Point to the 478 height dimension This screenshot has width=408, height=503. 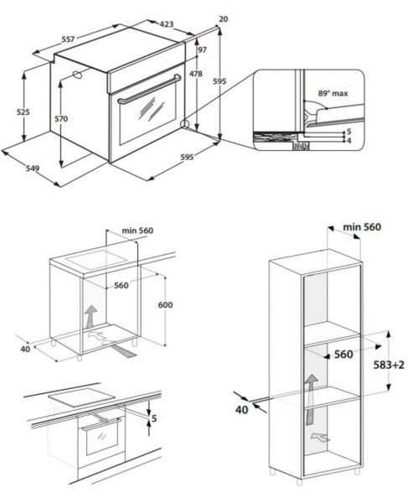click(196, 75)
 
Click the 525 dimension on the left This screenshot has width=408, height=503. click(23, 111)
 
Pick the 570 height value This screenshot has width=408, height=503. click(61, 119)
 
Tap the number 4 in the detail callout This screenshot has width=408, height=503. click(348, 141)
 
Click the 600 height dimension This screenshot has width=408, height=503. click(166, 304)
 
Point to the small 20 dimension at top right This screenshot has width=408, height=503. click(223, 18)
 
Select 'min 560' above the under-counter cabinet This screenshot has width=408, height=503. click(137, 231)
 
